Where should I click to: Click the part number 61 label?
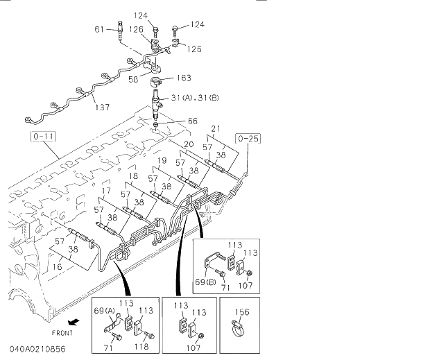pyautogui.click(x=98, y=29)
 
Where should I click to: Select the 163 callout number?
pyautogui.click(x=184, y=78)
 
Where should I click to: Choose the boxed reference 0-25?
pyautogui.click(x=248, y=139)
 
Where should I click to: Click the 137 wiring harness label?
pyautogui.click(x=101, y=107)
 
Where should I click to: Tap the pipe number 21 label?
pyautogui.click(x=216, y=128)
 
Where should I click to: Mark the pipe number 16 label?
pyautogui.click(x=58, y=266)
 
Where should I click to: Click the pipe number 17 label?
pyautogui.click(x=106, y=190)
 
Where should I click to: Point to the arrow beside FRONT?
pyautogui.click(x=71, y=322)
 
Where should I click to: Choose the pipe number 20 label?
pyautogui.click(x=188, y=145)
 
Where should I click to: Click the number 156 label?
pyautogui.click(x=241, y=311)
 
